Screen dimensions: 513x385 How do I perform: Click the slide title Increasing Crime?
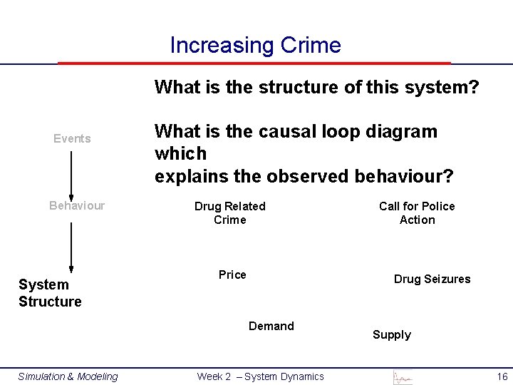255,46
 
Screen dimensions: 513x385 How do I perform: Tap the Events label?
72,138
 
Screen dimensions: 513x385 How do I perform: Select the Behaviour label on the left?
76,205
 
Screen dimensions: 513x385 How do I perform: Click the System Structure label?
50,293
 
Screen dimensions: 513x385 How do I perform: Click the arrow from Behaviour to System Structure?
71,247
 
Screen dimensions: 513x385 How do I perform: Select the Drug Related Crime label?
229,212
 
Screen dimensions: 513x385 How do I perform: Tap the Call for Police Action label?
417,212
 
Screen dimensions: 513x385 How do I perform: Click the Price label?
232,274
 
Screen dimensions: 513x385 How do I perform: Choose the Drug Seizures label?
432,279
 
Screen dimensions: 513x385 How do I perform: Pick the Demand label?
271,326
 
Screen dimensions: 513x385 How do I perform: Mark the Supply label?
391,334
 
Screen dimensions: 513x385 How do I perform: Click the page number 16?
502,376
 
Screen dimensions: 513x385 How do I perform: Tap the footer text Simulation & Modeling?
68,376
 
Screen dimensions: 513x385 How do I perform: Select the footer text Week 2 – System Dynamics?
260,376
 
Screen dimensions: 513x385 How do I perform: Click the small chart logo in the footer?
403,377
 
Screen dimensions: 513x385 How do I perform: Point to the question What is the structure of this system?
316,88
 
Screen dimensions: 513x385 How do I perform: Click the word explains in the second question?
187,176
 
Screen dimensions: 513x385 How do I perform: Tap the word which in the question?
180,153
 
